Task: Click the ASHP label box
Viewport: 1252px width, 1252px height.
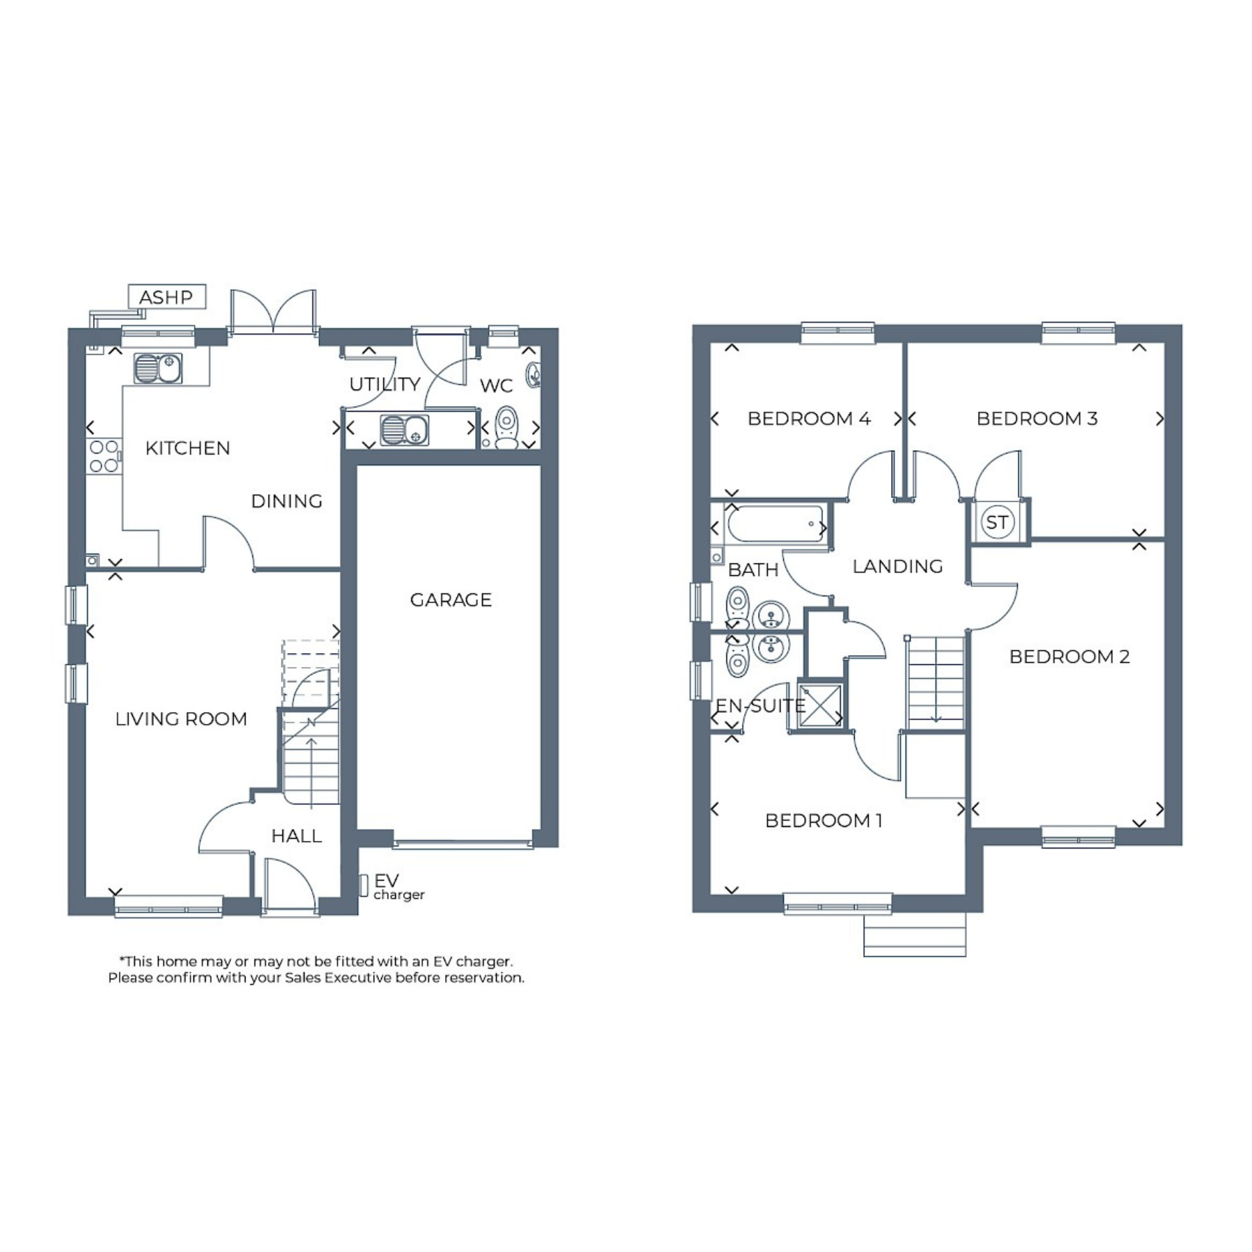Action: pyautogui.click(x=167, y=296)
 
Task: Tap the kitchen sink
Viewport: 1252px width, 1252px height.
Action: pyautogui.click(x=158, y=368)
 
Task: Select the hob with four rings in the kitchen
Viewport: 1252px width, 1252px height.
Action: pyautogui.click(x=104, y=456)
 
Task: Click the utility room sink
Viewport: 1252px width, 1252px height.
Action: pyautogui.click(x=404, y=429)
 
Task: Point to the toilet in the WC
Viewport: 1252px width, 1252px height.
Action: pyautogui.click(x=507, y=427)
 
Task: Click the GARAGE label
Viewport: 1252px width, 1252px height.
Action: pyautogui.click(x=451, y=600)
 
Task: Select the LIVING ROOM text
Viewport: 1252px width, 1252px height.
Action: pyautogui.click(x=181, y=719)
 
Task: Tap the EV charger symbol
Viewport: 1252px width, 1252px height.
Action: pyautogui.click(x=363, y=885)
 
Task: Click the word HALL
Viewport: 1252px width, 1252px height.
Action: pyautogui.click(x=296, y=835)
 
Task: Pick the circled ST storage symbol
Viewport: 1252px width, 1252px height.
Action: pyautogui.click(x=997, y=522)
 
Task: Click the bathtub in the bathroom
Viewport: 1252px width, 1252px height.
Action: pyautogui.click(x=774, y=523)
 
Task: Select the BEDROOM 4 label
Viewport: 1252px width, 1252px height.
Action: pyautogui.click(x=809, y=418)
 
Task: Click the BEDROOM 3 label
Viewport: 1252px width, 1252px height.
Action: pyautogui.click(x=1037, y=418)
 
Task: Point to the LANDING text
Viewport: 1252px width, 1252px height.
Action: pyautogui.click(x=898, y=566)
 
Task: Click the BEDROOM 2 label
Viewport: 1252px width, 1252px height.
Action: pyautogui.click(x=1070, y=656)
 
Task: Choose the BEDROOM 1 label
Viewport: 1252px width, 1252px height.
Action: pyautogui.click(x=824, y=820)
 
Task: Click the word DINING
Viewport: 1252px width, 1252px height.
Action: pyautogui.click(x=287, y=501)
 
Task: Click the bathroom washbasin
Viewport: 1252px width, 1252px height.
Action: pyautogui.click(x=771, y=615)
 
